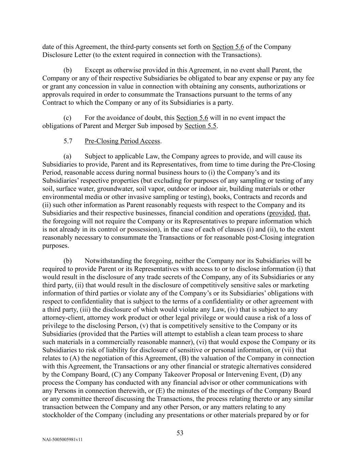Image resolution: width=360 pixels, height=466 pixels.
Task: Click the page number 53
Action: point(180,433)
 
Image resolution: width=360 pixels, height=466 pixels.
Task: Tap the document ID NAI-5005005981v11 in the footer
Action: point(62,440)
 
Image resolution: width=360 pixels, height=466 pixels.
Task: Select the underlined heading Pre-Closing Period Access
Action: point(123,141)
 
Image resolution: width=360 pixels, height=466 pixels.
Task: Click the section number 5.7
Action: point(68,141)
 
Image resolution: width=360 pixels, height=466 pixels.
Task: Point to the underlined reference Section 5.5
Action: point(200,126)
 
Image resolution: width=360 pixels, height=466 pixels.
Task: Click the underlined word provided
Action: point(282,213)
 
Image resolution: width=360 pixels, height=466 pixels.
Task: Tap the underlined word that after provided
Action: point(304,213)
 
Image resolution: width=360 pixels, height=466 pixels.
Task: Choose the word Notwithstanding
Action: point(107,261)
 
